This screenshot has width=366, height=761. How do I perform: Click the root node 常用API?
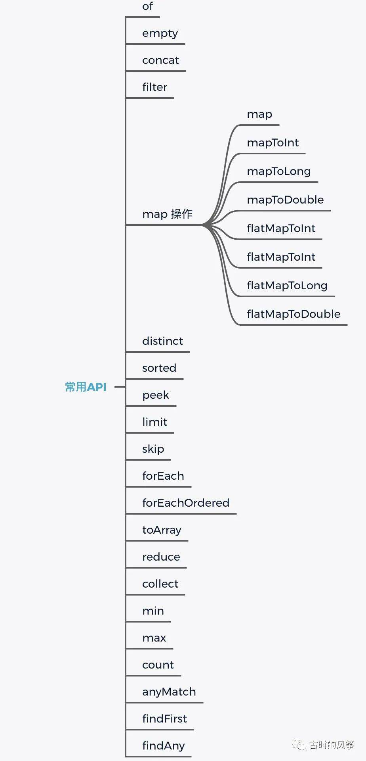click(86, 387)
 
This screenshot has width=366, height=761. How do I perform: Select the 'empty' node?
click(160, 33)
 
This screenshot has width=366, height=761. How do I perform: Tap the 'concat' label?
click(160, 60)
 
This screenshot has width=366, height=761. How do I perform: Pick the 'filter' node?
click(154, 87)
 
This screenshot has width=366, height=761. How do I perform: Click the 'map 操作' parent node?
click(167, 214)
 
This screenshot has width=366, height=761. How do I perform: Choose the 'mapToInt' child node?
click(273, 143)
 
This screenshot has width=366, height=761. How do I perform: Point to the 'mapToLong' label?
click(278, 171)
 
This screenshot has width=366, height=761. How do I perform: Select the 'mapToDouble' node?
click(285, 200)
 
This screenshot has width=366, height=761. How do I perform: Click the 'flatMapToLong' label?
click(287, 286)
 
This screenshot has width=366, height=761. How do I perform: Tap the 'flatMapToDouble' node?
click(294, 314)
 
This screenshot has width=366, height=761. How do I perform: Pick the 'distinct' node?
click(162, 341)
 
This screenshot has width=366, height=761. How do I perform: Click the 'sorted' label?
click(159, 368)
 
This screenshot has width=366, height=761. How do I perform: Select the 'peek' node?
click(156, 395)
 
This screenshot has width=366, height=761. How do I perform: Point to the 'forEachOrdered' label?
click(186, 503)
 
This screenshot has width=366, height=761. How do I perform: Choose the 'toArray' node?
click(162, 530)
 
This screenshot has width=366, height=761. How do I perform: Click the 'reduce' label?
click(161, 557)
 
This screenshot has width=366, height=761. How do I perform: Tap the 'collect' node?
click(160, 584)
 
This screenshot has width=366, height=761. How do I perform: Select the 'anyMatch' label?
click(169, 692)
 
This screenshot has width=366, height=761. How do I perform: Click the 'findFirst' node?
click(164, 719)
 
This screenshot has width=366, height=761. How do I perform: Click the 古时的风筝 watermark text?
click(331, 745)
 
